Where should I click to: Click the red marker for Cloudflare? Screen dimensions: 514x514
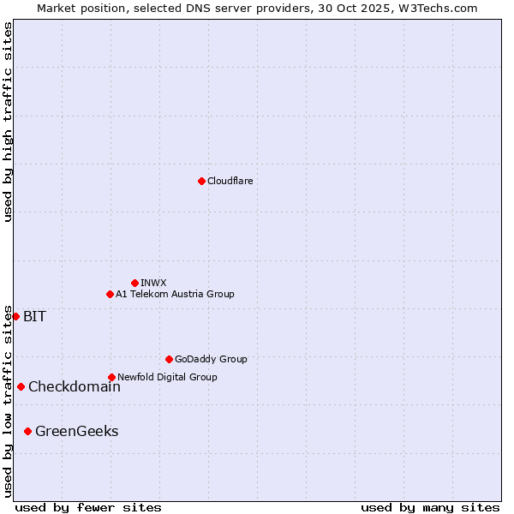[201, 181]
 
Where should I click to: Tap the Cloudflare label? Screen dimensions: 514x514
[230, 181]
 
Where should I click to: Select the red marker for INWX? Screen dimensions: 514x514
[134, 283]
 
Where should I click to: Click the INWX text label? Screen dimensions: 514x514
[153, 283]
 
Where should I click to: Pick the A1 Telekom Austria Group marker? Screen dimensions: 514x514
[110, 294]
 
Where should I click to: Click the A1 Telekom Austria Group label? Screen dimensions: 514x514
[175, 294]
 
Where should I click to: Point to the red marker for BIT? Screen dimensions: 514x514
[15, 316]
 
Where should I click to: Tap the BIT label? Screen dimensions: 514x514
[34, 317]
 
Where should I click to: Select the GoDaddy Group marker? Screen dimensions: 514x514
[169, 359]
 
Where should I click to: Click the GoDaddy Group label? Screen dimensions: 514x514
[211, 359]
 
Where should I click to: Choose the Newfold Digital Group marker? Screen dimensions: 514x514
[111, 377]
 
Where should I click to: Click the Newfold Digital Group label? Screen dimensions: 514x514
[167, 377]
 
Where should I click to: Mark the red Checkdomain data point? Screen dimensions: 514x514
[21, 386]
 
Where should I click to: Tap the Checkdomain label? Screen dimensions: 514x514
[75, 387]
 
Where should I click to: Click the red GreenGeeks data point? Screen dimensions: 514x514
[27, 431]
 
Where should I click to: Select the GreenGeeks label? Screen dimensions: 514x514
[76, 432]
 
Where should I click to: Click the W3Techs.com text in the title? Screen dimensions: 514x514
[442, 8]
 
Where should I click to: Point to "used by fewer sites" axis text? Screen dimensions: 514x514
[88, 507]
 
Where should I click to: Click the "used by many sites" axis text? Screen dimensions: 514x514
[430, 507]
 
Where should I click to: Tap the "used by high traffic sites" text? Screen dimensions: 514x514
[8, 122]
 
